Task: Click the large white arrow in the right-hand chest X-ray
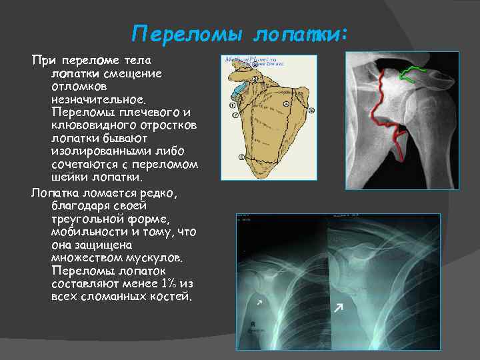pyautogui.click(x=339, y=307)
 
